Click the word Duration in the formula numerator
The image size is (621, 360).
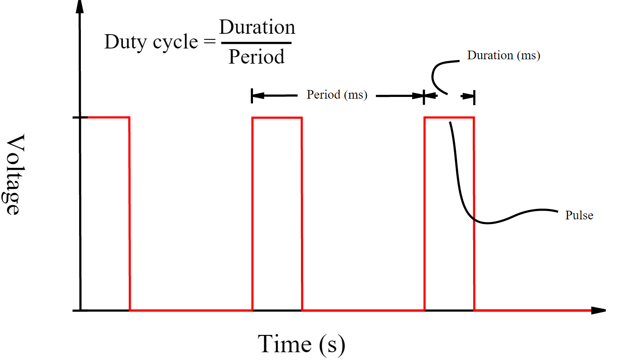coord(257,27)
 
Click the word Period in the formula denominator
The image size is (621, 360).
coord(256,57)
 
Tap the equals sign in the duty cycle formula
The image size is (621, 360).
coord(210,42)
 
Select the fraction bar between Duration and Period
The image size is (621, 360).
coord(256,43)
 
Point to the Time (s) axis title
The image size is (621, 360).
coord(301,344)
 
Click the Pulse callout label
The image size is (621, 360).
coord(579,215)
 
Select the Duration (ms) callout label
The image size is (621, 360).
coord(504,55)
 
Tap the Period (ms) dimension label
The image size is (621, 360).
coord(337,95)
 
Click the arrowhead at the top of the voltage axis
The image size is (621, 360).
coord(80,6)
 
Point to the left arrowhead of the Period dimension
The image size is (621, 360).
coord(258,96)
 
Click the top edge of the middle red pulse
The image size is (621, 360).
coord(277,118)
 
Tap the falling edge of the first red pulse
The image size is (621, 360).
coord(129,214)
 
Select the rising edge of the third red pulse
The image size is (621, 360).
coord(424,214)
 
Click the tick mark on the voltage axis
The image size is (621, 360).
coord(80,118)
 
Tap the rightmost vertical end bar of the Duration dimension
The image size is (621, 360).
coord(474,97)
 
